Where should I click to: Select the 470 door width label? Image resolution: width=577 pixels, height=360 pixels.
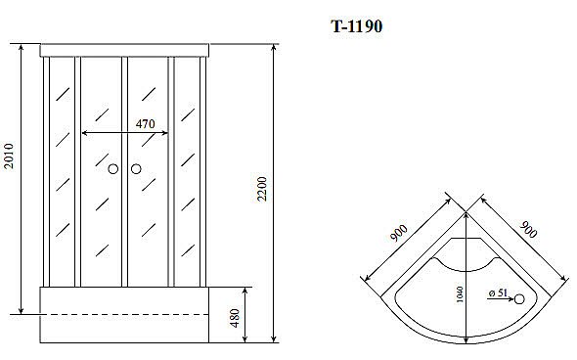pyautogui.click(x=145, y=123)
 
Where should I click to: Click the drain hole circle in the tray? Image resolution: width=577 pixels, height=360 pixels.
pyautogui.click(x=518, y=300)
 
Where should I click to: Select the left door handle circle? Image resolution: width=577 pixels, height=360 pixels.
pyautogui.click(x=113, y=170)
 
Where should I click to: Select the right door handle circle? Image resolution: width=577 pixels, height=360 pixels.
pyautogui.click(x=136, y=170)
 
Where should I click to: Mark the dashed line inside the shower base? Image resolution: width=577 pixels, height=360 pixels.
pyautogui.click(x=124, y=314)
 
